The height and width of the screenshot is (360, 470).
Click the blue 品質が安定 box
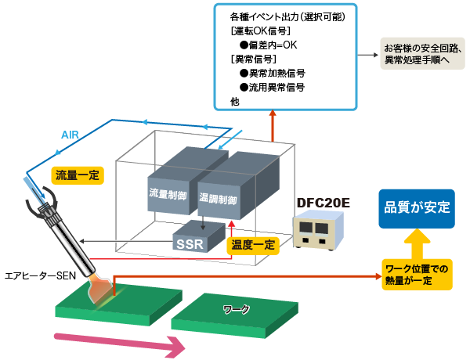coord(416,208)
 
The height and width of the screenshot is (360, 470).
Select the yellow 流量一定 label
coord(77,175)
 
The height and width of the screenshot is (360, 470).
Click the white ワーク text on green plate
coord(236,310)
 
